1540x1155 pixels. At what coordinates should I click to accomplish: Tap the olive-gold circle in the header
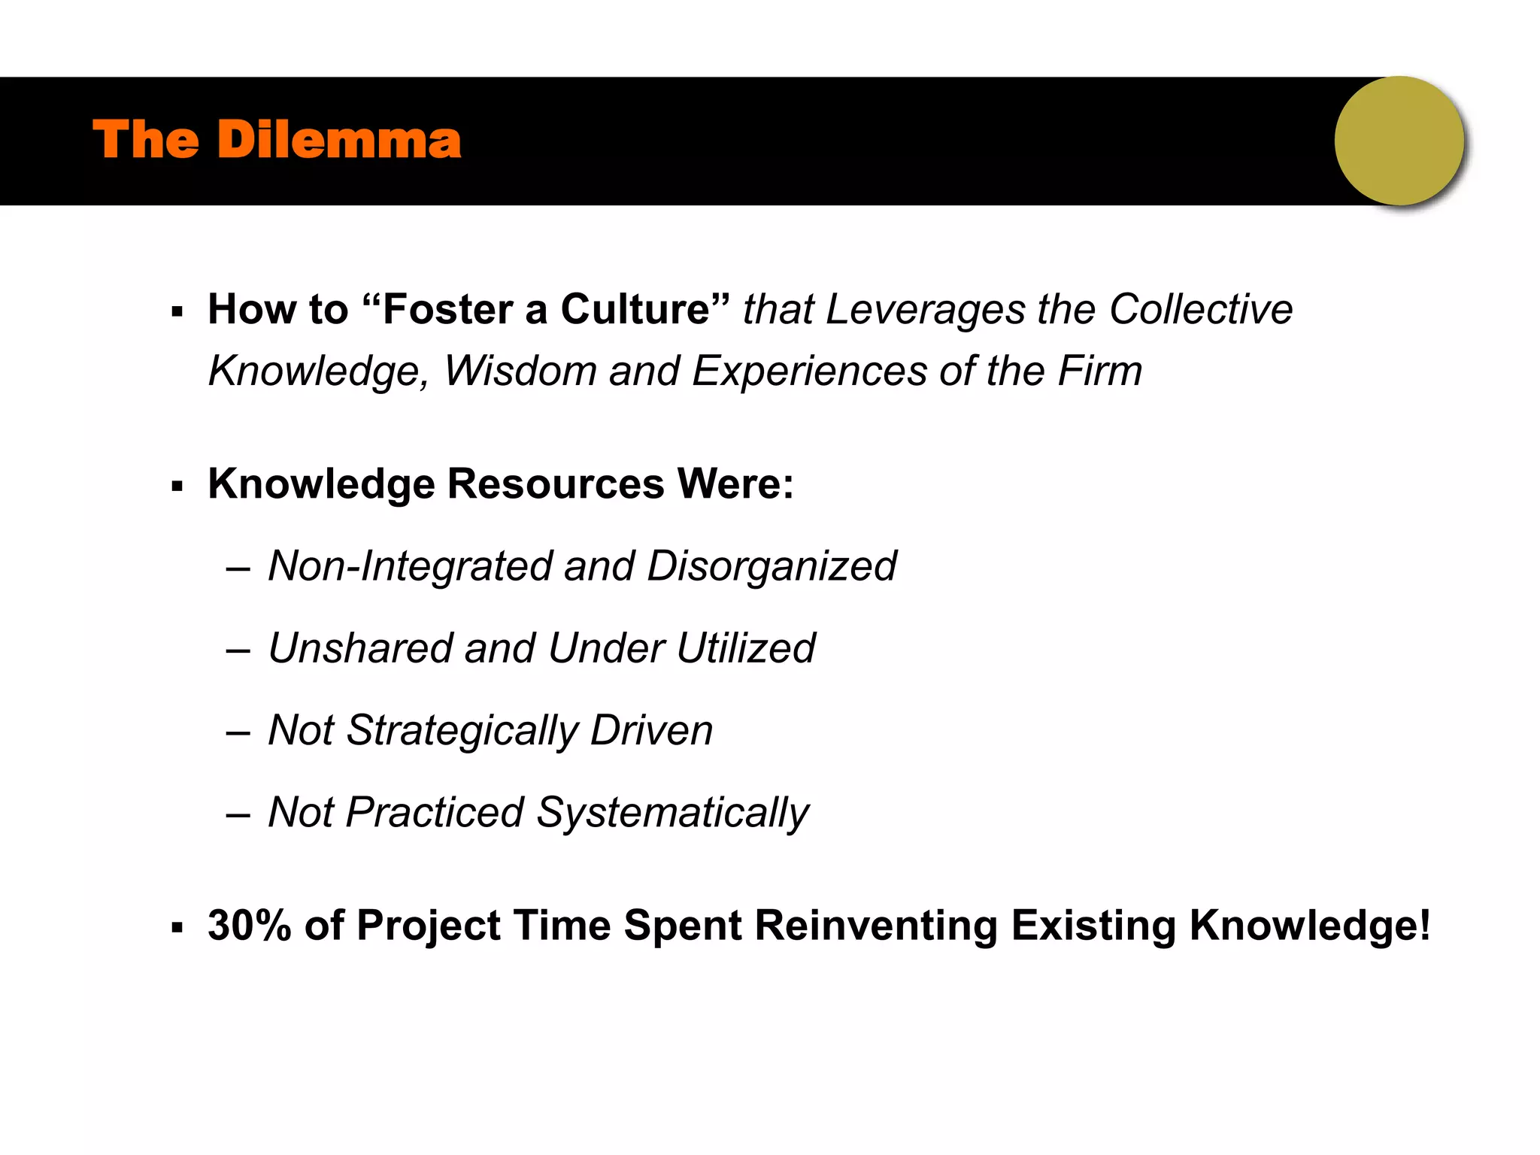pos(1399,141)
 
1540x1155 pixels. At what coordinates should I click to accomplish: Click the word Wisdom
pos(520,371)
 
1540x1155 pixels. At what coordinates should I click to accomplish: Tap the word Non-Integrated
pos(410,565)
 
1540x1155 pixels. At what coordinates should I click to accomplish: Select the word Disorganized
pos(772,565)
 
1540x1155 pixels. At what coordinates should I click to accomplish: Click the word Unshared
pos(360,647)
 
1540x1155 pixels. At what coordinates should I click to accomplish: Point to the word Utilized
pos(745,647)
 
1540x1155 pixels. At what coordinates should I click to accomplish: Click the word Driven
pos(651,730)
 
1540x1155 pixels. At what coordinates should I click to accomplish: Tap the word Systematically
pos(672,814)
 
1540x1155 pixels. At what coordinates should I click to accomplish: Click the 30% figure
pos(249,925)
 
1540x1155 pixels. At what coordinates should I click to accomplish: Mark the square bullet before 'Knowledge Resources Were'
pos(177,487)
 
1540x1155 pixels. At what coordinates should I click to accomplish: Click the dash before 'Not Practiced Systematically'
pos(238,814)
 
